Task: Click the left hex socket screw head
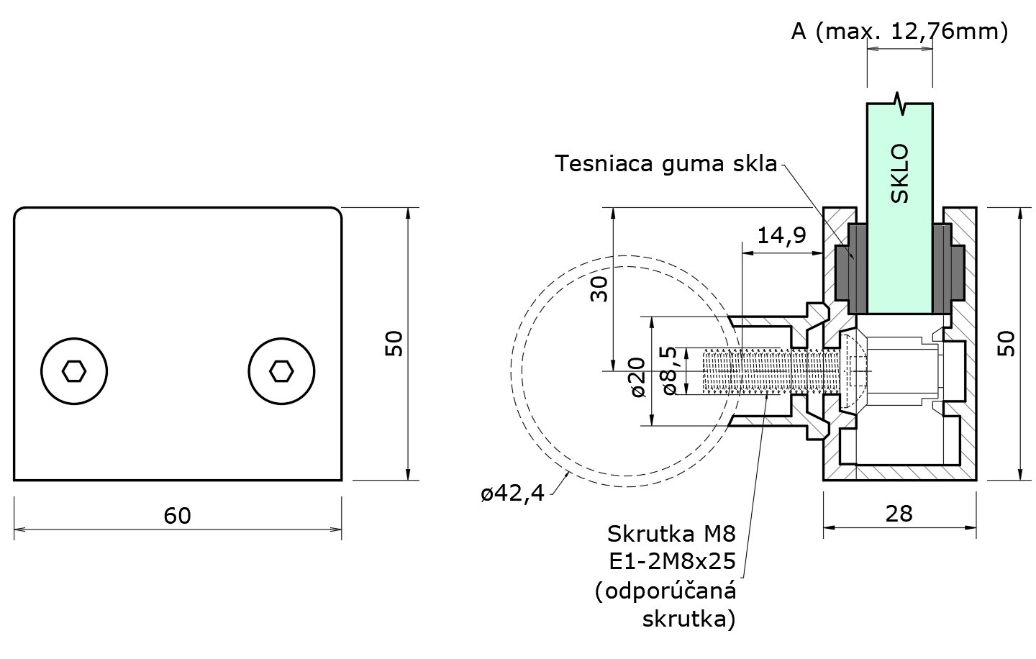[x=74, y=371]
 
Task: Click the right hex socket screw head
[x=281, y=371]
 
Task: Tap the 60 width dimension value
[x=177, y=515]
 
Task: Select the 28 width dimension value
[x=899, y=513]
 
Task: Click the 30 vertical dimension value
[x=599, y=288]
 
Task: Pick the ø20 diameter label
[x=637, y=379]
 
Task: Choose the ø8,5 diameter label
[x=669, y=371]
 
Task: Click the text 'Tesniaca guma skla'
[x=666, y=164]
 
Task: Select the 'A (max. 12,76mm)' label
[x=899, y=31]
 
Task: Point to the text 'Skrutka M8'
[x=672, y=534]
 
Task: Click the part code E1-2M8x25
[x=672, y=560]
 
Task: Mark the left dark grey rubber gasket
[x=850, y=270]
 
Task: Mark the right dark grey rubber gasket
[x=948, y=270]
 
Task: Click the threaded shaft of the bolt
[x=763, y=371]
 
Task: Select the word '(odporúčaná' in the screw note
[x=666, y=591]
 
